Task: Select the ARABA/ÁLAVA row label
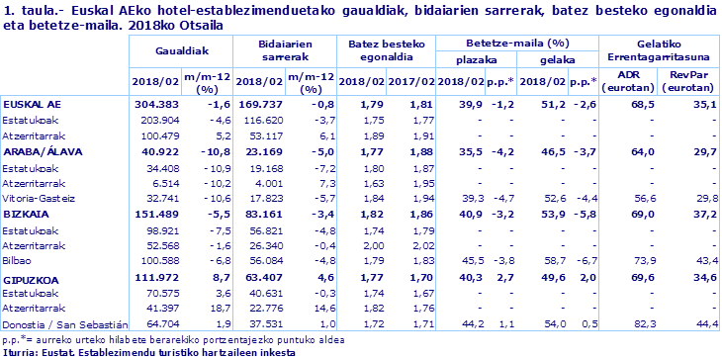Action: coord(44,151)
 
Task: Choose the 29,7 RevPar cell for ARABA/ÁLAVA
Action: coord(704,151)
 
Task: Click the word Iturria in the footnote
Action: coord(20,350)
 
